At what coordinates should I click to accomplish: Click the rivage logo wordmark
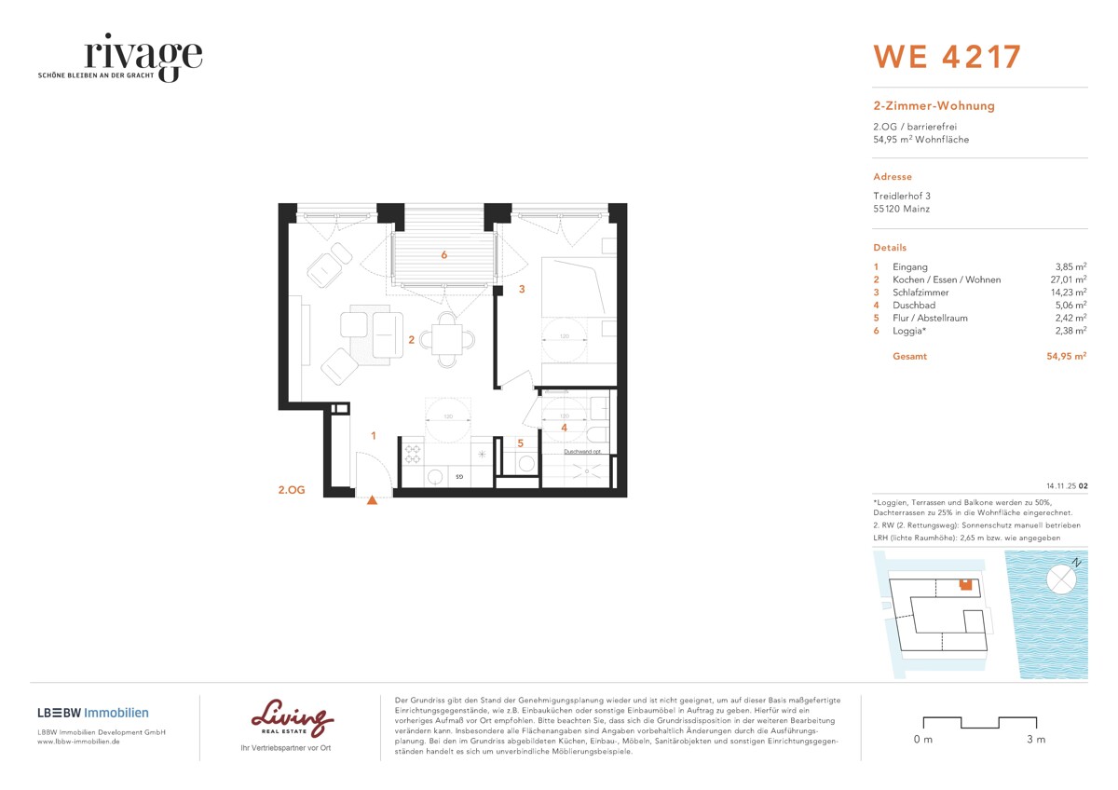(x=142, y=56)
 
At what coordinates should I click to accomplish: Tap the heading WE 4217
(x=947, y=56)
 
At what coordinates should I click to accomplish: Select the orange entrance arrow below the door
(x=372, y=500)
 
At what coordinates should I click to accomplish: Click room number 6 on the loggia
(x=444, y=254)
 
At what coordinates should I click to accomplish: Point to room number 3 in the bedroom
(x=522, y=289)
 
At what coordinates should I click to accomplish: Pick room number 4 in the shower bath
(x=563, y=428)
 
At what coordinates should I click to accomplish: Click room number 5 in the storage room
(x=521, y=443)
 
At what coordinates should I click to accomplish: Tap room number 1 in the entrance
(x=373, y=435)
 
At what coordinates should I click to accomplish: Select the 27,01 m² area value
(x=1068, y=279)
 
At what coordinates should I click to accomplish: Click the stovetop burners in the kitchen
(x=412, y=453)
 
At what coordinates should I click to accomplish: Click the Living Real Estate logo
(x=293, y=719)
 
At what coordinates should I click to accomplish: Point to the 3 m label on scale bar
(x=1035, y=740)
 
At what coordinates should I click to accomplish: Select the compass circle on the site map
(x=1060, y=579)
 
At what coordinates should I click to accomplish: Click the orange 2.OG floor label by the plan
(x=292, y=487)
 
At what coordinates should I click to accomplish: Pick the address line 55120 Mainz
(x=901, y=209)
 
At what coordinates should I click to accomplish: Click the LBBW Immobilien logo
(x=93, y=713)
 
